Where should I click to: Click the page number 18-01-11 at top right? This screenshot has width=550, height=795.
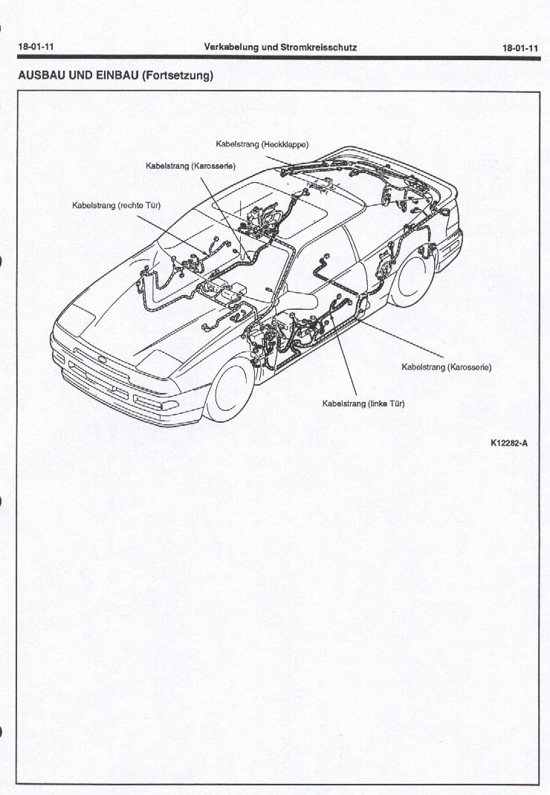520,48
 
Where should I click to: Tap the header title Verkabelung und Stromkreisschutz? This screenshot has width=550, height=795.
280,47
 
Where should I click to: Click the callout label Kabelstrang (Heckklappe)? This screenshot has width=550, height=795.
262,144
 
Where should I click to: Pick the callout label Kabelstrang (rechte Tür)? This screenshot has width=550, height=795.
116,204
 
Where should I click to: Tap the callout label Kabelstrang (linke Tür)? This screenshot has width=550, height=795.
363,403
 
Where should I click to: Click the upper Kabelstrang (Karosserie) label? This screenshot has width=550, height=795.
190,166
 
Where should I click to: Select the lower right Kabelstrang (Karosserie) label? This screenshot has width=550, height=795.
446,367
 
